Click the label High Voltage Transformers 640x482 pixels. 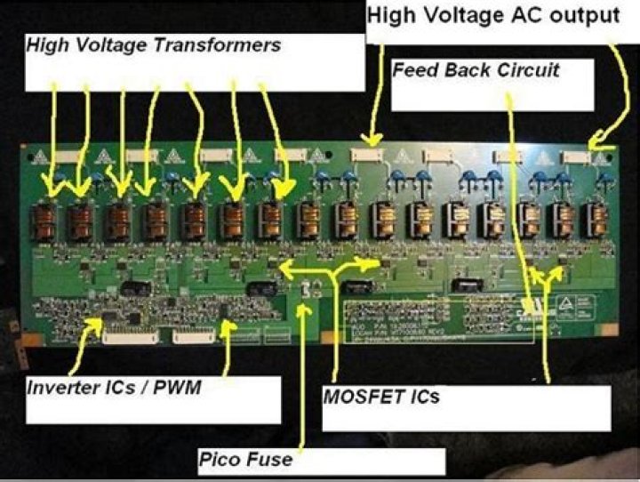coord(154,44)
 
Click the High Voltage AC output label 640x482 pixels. coord(492,15)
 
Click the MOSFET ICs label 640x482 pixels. coord(380,396)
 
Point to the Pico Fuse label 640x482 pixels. coord(245,460)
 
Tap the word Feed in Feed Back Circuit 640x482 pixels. coord(413,69)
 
